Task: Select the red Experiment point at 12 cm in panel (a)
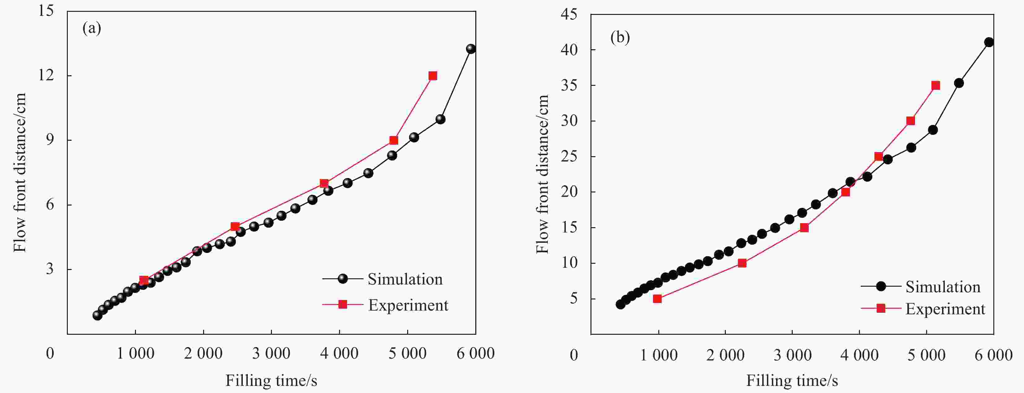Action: point(433,76)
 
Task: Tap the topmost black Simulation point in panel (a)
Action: point(471,49)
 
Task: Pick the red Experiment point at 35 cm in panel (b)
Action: point(936,86)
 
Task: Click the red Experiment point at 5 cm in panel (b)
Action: point(657,299)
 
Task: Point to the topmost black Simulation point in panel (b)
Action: point(989,42)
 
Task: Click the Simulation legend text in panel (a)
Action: point(405,279)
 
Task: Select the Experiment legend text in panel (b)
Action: point(945,309)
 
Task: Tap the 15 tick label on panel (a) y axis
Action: point(46,11)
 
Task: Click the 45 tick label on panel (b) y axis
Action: point(569,15)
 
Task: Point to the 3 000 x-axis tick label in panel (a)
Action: point(271,353)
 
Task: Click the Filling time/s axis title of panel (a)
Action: point(271,381)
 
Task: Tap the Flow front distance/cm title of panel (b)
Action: point(542,174)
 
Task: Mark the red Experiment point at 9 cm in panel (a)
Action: point(394,140)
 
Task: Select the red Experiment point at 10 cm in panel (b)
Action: point(742,263)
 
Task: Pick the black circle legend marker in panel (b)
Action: point(881,286)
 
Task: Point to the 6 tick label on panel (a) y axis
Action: point(50,205)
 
